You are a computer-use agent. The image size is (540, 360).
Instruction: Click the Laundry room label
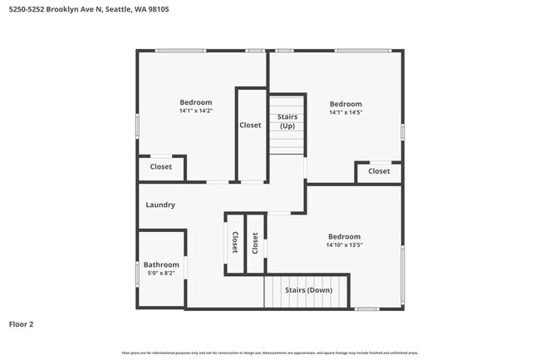(x=160, y=205)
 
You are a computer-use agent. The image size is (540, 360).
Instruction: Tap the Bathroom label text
(x=161, y=264)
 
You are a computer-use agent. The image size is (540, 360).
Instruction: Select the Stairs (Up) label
(x=287, y=121)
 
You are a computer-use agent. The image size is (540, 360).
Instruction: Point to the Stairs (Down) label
(x=308, y=290)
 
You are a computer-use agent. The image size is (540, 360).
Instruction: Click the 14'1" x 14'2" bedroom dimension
(x=196, y=111)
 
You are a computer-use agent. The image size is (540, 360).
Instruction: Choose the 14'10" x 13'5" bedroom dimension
(x=344, y=245)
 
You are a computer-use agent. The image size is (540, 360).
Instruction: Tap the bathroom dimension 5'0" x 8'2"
(x=161, y=273)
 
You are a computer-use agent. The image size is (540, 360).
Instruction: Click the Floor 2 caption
(x=21, y=324)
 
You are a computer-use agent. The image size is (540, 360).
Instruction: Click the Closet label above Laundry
(x=161, y=167)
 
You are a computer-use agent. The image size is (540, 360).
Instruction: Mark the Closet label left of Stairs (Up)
(x=250, y=126)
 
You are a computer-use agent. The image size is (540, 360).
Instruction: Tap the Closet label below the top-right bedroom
(x=379, y=171)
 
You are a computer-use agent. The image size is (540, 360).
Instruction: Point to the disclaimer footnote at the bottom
(x=270, y=353)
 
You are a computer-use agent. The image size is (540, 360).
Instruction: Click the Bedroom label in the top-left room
(x=196, y=102)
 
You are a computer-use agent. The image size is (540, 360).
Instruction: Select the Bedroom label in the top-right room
(x=346, y=104)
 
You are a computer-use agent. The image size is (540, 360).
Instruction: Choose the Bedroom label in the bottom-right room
(x=344, y=236)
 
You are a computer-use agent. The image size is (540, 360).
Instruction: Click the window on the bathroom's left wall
(x=137, y=274)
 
